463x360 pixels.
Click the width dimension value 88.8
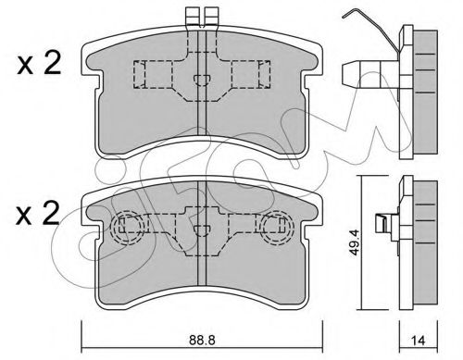point(202,340)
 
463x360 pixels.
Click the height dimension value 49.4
point(355,242)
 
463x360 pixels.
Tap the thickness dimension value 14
point(419,341)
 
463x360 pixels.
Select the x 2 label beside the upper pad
point(39,64)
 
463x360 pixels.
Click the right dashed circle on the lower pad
point(276,228)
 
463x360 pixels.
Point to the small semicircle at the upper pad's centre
point(202,80)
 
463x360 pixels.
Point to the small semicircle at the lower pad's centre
point(202,230)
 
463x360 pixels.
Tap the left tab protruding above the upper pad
point(193,17)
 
